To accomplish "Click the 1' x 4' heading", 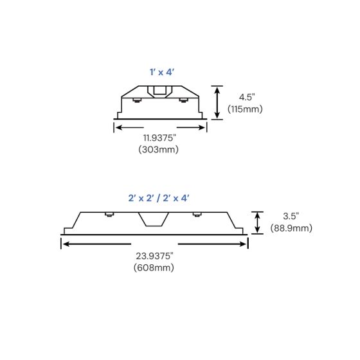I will tap(161, 73).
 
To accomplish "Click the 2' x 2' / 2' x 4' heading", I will tap(159, 199).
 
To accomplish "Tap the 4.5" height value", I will tap(244, 96).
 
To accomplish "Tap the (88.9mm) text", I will tap(291, 228).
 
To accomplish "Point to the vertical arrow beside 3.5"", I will tap(257, 222).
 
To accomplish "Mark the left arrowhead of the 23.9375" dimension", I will tap(64, 244).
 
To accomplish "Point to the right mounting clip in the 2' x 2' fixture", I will tap(197, 214).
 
